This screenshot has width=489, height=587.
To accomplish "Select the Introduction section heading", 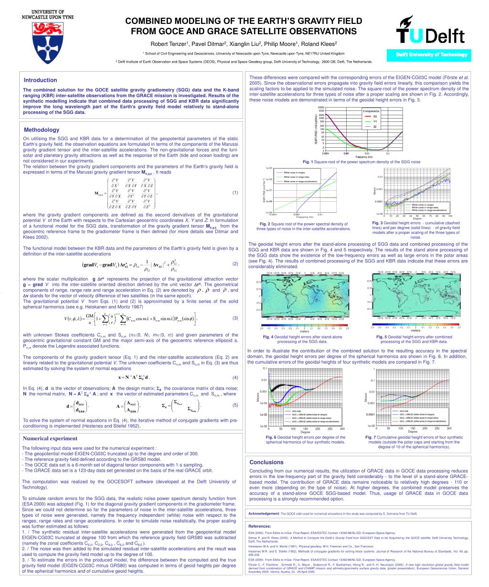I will (41, 80).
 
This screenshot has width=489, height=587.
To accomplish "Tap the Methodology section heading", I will (42, 130).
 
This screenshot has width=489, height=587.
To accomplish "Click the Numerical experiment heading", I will (51, 438).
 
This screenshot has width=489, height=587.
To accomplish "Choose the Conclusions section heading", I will (266, 462).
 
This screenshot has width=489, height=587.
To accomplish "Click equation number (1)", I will (235, 193).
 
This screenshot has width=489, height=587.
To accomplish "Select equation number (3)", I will (235, 318).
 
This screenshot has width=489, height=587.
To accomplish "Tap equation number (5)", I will (235, 405).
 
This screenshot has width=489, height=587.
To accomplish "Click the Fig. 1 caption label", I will (304, 162).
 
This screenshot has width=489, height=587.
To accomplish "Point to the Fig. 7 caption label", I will (372, 437).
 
